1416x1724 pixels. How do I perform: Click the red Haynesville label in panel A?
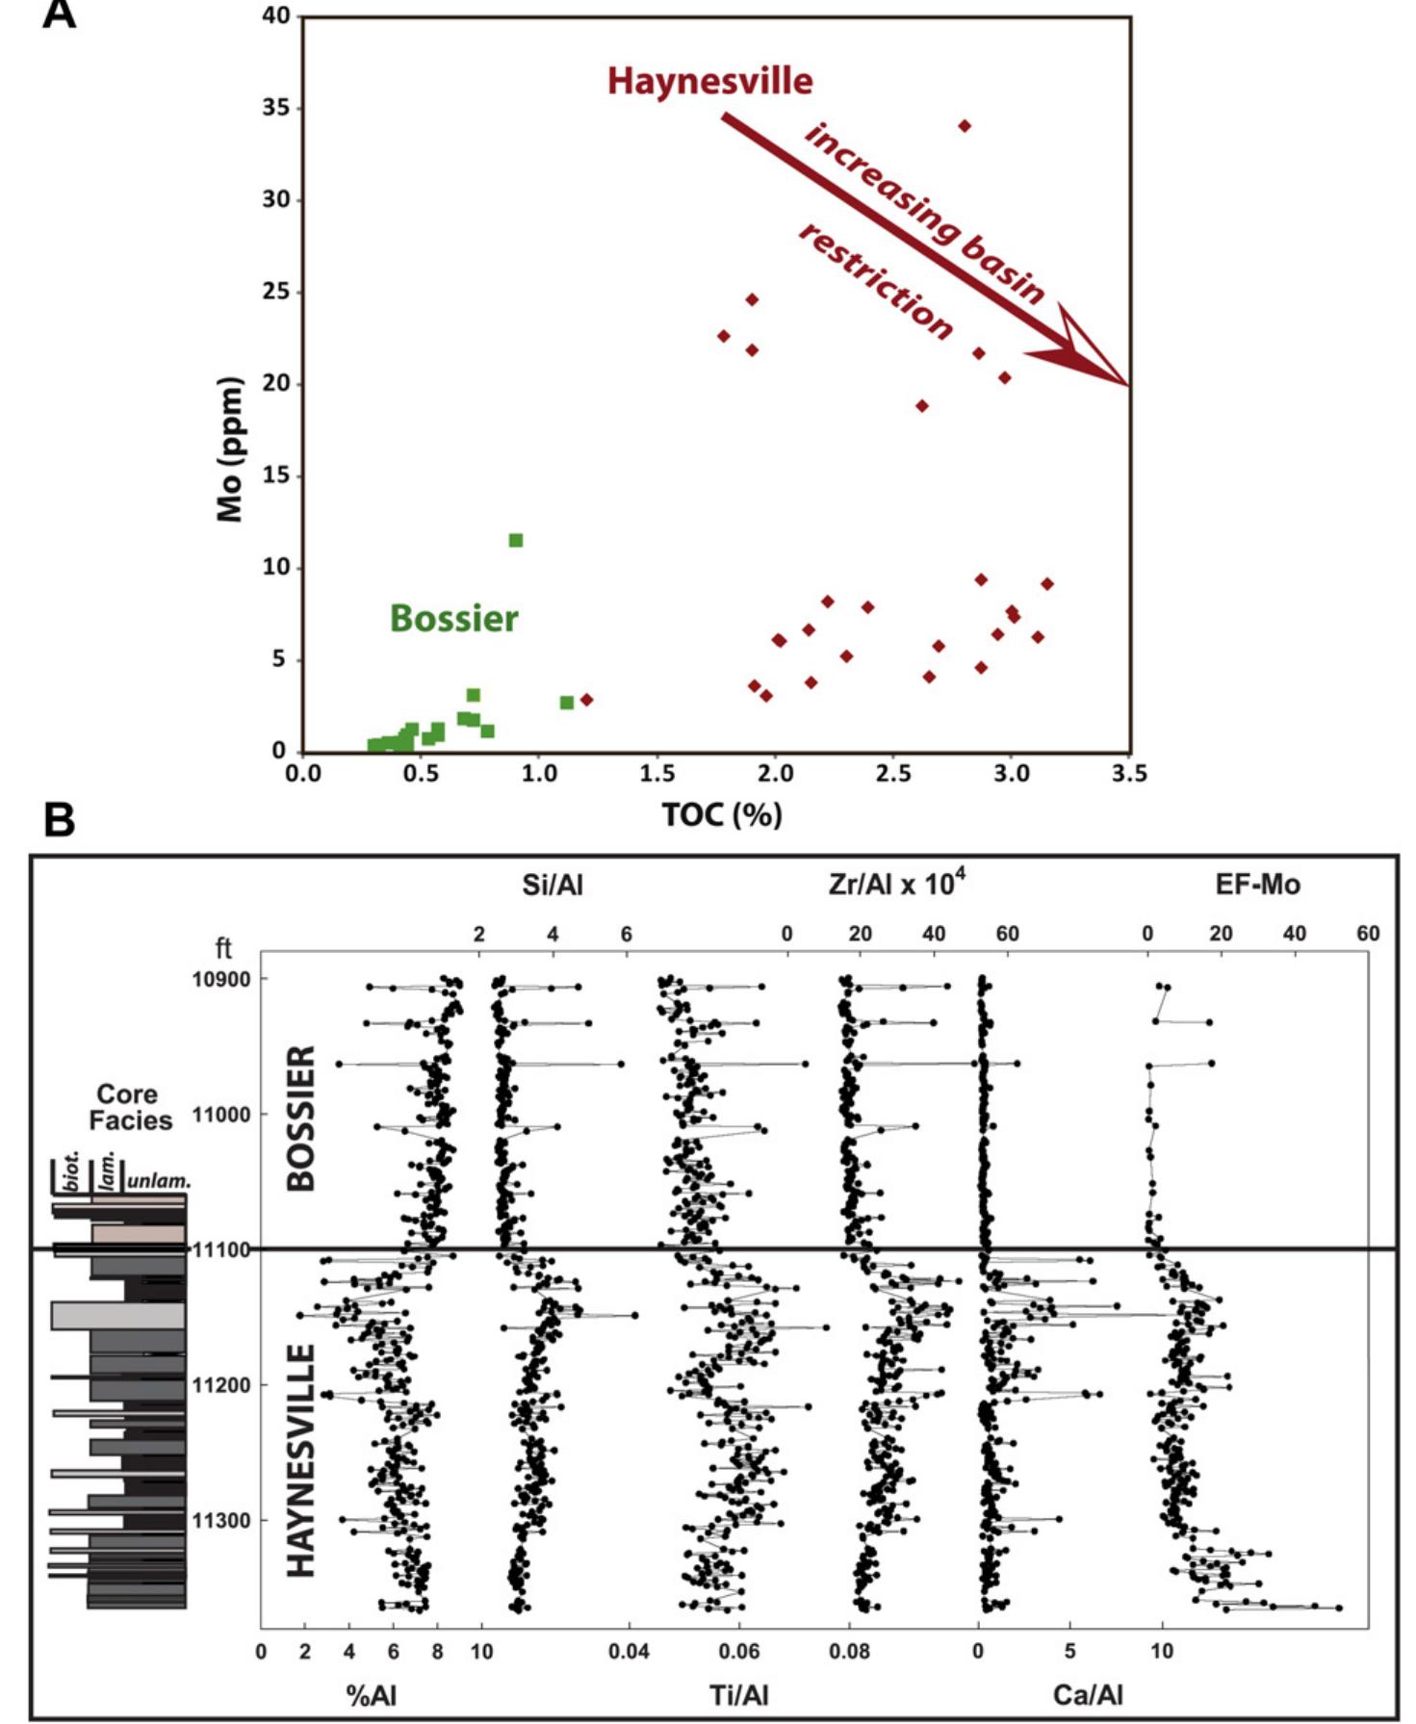coord(709,81)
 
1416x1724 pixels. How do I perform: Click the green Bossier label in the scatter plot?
coord(453,618)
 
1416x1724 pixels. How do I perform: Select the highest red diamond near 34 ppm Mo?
coord(965,126)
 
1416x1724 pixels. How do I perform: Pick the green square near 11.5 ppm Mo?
coord(516,540)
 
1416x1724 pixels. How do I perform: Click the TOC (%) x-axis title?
coord(721,815)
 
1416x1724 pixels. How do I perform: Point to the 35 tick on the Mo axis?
coord(276,108)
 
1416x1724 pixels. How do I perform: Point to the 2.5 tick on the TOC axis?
coord(893,774)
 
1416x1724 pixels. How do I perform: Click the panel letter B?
coord(60,821)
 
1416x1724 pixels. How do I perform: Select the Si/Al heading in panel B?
coord(553,886)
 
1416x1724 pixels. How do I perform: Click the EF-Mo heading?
coord(1257,886)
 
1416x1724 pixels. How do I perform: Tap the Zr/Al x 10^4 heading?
coord(896,884)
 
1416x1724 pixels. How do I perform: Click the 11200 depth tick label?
coord(220,1385)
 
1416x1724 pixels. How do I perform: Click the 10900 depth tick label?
coord(220,979)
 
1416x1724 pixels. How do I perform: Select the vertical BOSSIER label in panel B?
coord(301,1119)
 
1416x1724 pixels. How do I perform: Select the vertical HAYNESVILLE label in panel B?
coord(301,1460)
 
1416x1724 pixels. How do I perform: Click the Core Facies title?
coord(129,1107)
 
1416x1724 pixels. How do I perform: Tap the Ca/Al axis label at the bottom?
coord(1088,1694)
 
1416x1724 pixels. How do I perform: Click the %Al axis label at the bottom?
coord(371,1694)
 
